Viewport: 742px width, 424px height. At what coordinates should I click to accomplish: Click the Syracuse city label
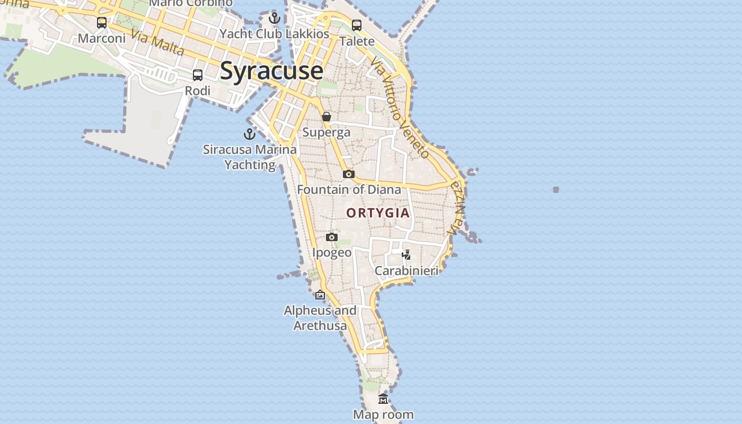[x=271, y=70]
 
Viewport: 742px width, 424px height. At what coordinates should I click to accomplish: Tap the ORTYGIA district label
[x=378, y=213]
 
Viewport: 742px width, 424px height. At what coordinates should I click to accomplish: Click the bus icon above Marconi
[x=102, y=23]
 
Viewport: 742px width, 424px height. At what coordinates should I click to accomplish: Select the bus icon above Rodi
[x=198, y=75]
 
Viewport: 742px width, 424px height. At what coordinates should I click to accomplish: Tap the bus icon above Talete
[x=357, y=25]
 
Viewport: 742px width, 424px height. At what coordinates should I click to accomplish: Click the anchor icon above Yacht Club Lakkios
[x=275, y=19]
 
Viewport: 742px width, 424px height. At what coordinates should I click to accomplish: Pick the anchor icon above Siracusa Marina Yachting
[x=250, y=134]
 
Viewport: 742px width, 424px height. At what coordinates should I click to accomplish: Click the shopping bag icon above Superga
[x=326, y=117]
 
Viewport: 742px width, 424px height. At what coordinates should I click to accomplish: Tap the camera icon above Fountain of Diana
[x=348, y=174]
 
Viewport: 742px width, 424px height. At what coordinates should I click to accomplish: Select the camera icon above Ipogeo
[x=332, y=237]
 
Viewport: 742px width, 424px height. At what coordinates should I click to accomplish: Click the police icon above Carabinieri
[x=407, y=255]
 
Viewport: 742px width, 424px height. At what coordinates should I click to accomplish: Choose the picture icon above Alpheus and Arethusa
[x=320, y=295]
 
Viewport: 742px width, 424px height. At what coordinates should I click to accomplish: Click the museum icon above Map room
[x=383, y=399]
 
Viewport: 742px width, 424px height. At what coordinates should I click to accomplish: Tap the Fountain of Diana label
[x=349, y=189]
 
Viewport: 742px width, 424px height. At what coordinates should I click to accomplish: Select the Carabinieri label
[x=407, y=271]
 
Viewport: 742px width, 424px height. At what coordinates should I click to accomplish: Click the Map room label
[x=383, y=414]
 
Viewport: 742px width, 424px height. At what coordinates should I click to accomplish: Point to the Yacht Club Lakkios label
[x=275, y=34]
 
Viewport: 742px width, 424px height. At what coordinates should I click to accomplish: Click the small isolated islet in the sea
[x=555, y=189]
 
